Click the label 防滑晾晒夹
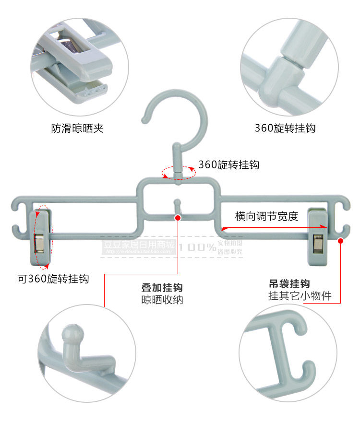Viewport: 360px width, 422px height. pos(77,129)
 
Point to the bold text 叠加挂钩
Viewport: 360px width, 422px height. pos(162,288)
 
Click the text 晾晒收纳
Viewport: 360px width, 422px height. pos(162,300)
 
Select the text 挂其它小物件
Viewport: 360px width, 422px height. pos(300,295)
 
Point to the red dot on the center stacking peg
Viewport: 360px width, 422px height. pos(178,217)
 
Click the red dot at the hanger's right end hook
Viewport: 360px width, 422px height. pos(341,240)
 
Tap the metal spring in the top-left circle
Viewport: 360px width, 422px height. pos(70,46)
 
